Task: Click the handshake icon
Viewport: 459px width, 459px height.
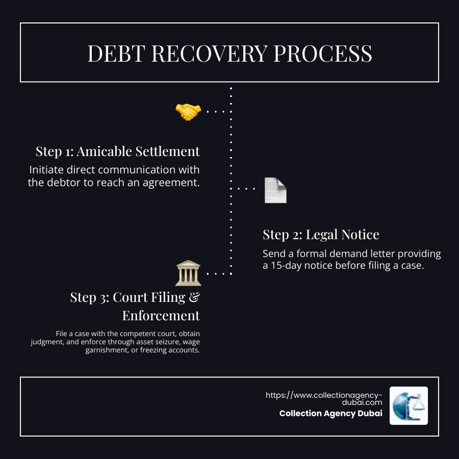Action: (x=188, y=112)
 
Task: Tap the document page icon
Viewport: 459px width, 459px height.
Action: (x=275, y=190)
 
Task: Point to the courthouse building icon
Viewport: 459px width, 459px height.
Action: (x=188, y=273)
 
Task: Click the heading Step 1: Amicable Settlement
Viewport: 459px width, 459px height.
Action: (x=118, y=151)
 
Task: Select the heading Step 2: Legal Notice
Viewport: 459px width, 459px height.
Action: (x=321, y=235)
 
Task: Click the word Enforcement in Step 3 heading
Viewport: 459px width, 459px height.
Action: (x=161, y=315)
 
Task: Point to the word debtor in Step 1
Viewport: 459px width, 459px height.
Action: (x=63, y=182)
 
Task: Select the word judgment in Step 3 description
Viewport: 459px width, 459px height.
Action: (x=47, y=342)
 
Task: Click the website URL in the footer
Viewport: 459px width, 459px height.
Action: (x=324, y=398)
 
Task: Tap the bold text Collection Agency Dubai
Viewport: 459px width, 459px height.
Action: (x=330, y=414)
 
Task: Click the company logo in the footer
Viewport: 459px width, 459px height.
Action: (x=409, y=405)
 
